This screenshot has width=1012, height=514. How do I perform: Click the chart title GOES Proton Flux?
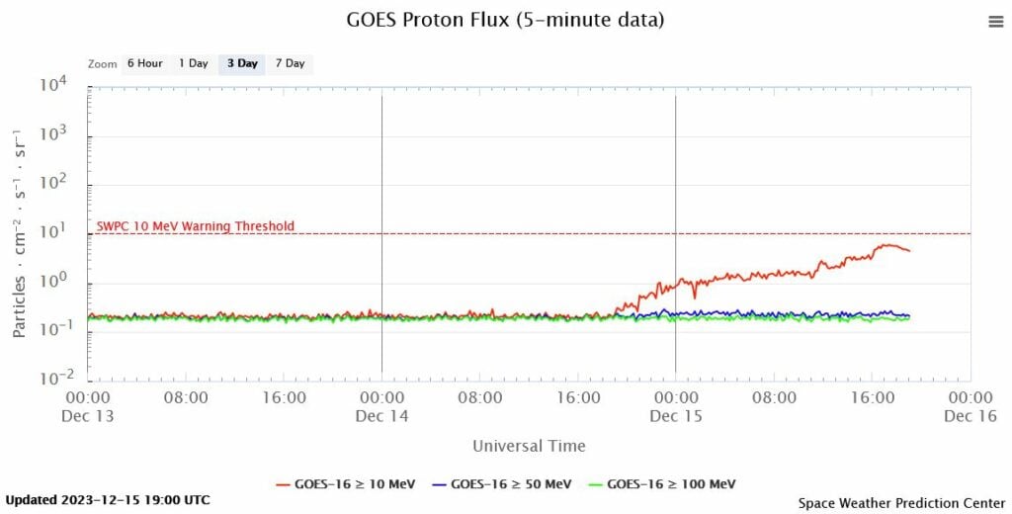[505, 20]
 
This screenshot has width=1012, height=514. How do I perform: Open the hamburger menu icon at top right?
[995, 22]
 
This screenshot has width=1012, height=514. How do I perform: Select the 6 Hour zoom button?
[143, 63]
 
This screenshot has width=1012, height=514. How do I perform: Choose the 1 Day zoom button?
[193, 63]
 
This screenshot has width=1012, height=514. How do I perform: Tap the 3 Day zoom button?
[242, 63]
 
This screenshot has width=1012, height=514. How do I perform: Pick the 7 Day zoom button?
[290, 63]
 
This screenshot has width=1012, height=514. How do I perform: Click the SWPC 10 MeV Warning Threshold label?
[196, 226]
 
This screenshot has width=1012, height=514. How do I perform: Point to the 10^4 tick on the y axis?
[52, 86]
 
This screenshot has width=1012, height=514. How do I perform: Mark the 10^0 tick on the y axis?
[54, 282]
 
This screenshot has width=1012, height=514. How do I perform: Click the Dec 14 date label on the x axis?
[381, 416]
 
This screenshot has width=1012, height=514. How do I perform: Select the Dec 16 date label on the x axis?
[970, 416]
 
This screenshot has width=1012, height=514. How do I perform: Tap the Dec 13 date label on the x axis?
[88, 416]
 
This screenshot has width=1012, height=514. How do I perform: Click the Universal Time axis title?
[529, 446]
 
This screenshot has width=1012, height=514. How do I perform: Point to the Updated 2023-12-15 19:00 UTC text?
[108, 500]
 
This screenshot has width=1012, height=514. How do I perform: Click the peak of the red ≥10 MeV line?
[889, 244]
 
